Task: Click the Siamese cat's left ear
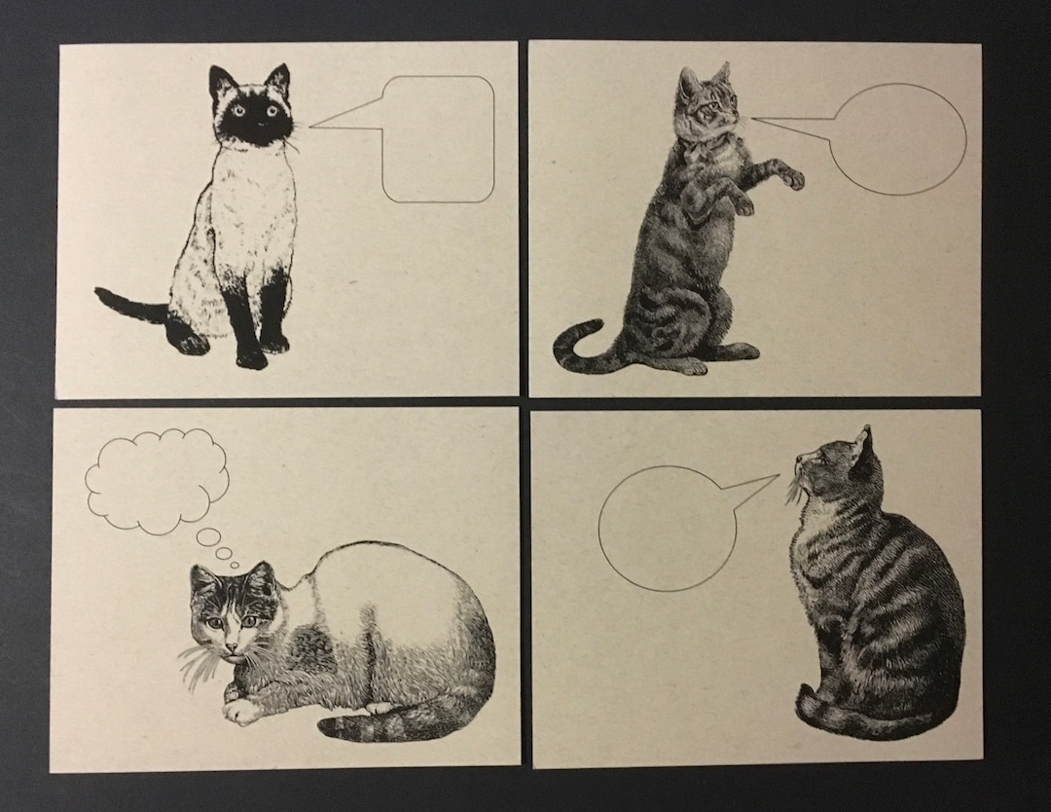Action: (x=223, y=82)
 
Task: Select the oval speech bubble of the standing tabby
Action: (x=901, y=139)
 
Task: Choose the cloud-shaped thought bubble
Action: (x=158, y=480)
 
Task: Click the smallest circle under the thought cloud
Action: (x=238, y=564)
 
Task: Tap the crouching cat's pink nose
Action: (x=232, y=646)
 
